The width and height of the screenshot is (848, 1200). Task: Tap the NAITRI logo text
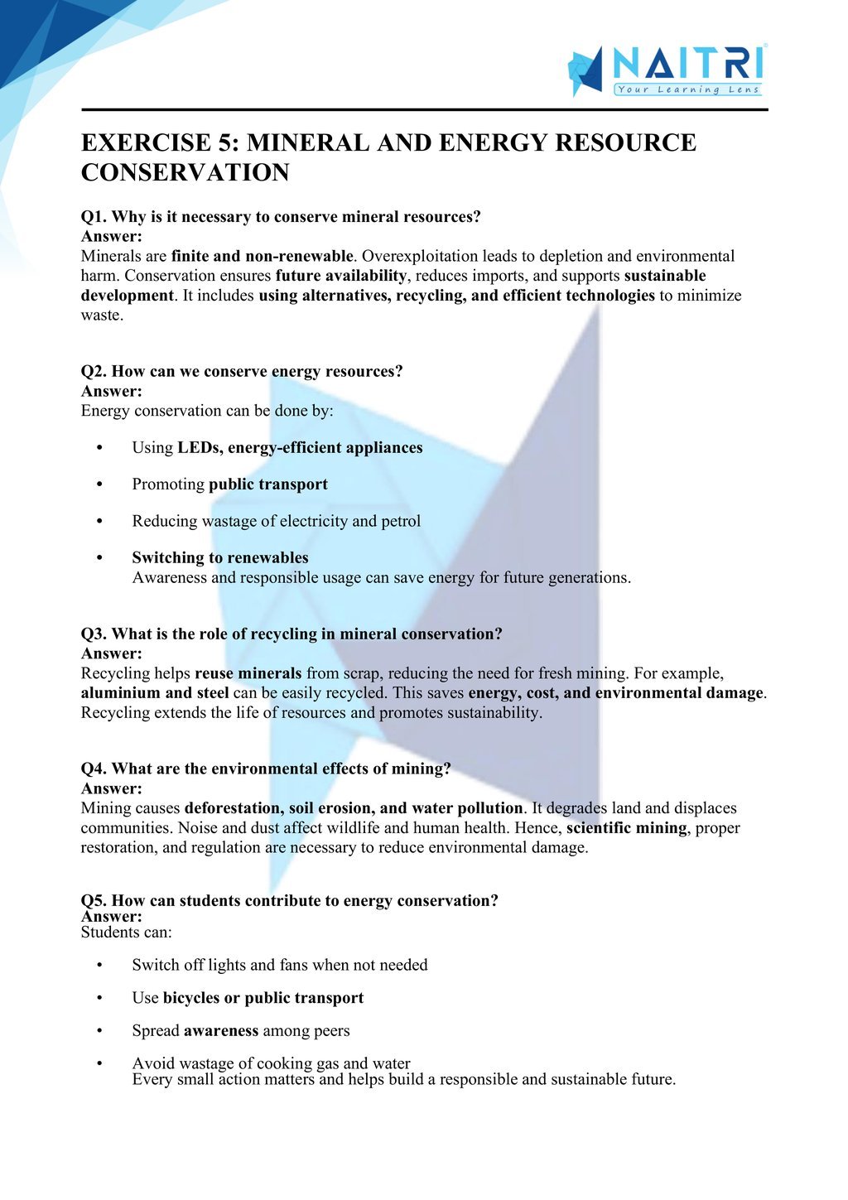(687, 63)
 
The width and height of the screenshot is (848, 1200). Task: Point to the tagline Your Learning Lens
(687, 89)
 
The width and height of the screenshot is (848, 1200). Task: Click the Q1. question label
(94, 217)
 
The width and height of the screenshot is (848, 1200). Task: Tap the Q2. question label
(94, 371)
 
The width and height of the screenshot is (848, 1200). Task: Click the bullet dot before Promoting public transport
(99, 484)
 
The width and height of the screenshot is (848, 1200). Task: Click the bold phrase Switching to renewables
(220, 557)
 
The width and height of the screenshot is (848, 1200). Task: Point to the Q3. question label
(94, 634)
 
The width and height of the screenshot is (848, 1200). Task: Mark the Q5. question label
(94, 900)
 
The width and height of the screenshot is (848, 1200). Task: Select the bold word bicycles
(191, 998)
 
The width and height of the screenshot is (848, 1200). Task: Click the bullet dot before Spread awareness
(99, 1031)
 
